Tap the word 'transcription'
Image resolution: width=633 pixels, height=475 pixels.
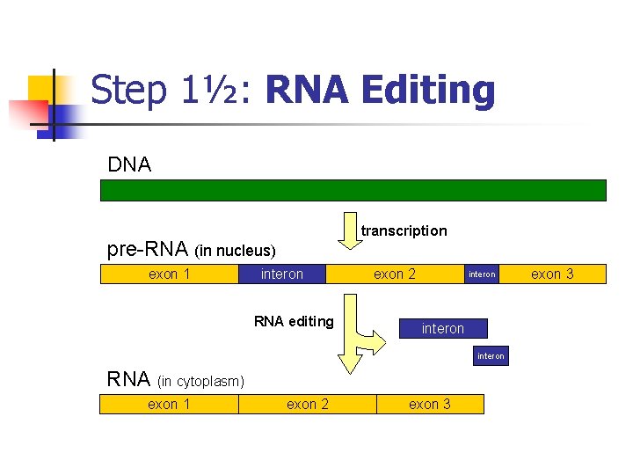404,230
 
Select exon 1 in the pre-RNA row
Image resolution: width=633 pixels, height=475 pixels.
170,274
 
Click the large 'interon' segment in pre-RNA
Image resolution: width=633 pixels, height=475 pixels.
282,274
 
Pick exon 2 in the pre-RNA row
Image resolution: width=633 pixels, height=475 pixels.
395,274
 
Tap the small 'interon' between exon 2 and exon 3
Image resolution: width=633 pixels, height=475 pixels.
482,274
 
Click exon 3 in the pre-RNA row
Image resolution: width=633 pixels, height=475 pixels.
553,274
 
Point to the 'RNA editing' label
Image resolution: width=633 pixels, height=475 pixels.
294,321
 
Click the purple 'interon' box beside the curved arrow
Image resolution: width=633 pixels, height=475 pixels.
442,328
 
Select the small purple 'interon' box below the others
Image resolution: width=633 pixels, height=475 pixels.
491,356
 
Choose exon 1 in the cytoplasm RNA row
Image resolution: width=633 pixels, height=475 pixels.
169,404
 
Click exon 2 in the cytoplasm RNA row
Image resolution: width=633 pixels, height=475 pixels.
308,404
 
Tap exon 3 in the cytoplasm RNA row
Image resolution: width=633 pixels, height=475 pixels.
430,404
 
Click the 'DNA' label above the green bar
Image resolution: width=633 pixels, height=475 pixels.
129,164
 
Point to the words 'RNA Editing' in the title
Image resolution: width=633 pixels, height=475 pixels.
379,90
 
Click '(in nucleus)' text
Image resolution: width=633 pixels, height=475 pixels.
235,252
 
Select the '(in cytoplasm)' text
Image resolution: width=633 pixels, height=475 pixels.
200,382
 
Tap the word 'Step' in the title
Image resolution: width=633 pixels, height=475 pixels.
127,90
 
